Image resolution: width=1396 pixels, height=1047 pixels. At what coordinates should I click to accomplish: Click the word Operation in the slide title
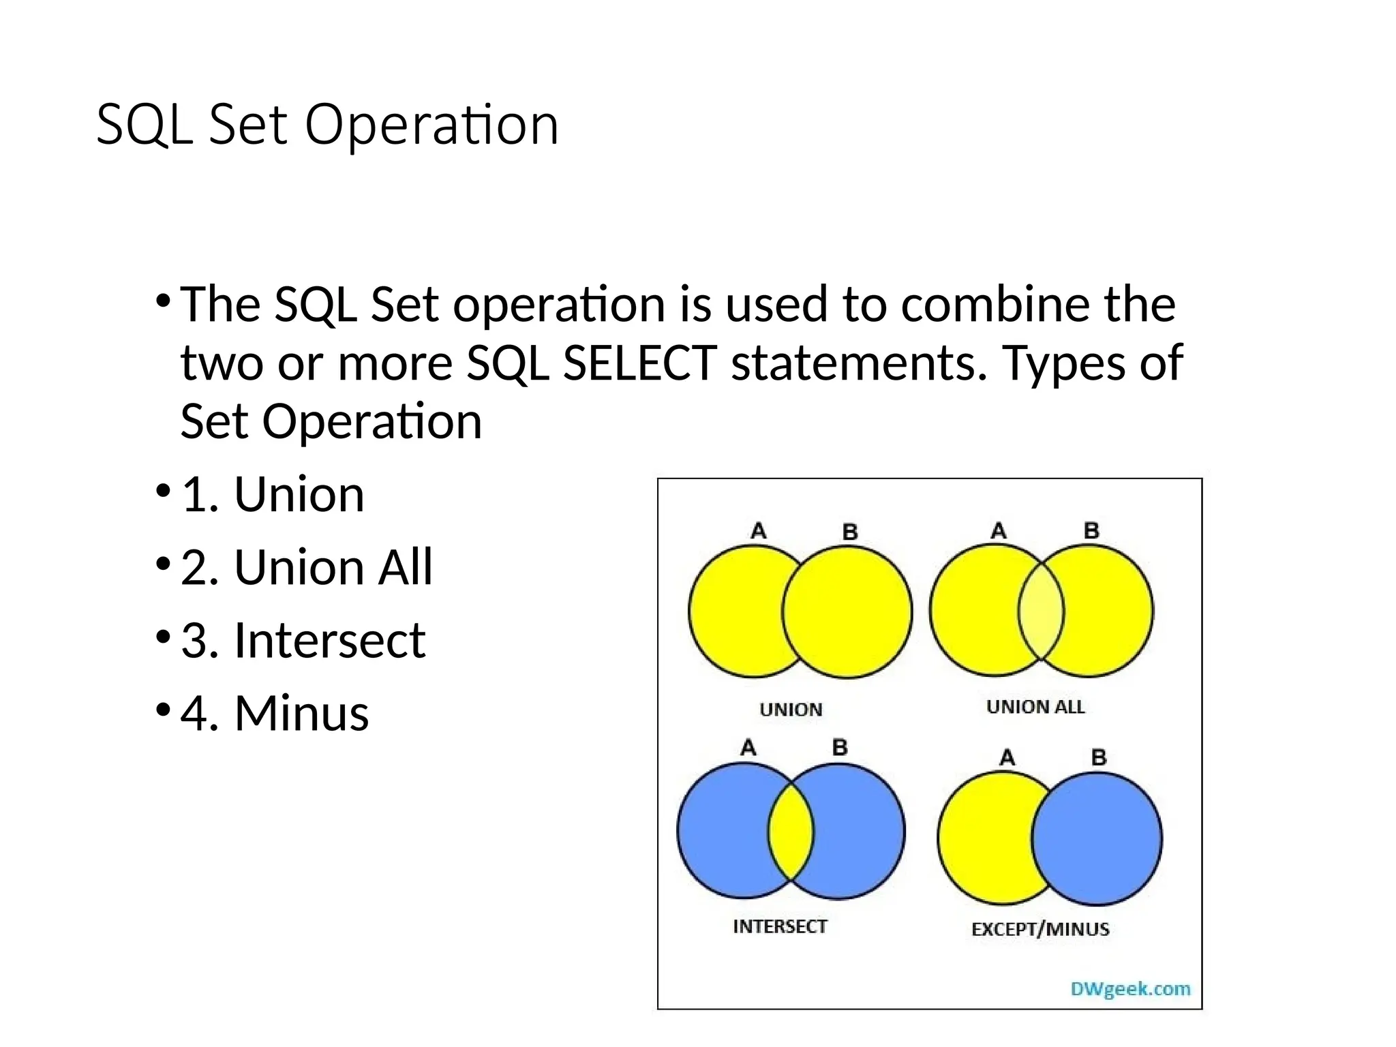pos(431,125)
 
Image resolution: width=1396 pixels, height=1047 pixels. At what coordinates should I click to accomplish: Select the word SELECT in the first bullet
pos(639,363)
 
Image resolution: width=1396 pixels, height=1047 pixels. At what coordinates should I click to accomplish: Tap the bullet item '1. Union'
pos(273,494)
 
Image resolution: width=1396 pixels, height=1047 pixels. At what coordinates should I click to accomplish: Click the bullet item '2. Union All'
pos(307,567)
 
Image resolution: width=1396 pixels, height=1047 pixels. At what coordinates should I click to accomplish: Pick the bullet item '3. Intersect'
pos(303,641)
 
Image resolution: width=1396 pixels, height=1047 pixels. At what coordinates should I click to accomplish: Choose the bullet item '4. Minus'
pos(274,714)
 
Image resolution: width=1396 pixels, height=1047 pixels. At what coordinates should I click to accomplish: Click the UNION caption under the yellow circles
pos(791,710)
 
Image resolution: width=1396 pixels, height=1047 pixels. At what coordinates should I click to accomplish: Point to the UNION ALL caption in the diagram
pos(1035,707)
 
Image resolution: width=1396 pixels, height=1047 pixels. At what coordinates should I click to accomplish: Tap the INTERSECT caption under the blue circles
pos(780,926)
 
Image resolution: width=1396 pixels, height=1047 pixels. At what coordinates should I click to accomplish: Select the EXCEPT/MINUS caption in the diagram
pos(1040,929)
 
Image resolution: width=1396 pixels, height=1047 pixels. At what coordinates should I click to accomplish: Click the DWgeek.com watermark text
pos(1130,988)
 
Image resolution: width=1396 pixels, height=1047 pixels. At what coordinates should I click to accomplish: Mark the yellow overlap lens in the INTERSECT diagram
pos(791,832)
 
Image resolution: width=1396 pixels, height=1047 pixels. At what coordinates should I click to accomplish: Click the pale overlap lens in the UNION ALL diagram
pos(1041,611)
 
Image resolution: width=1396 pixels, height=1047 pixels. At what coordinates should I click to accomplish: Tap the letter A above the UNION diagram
pos(758,530)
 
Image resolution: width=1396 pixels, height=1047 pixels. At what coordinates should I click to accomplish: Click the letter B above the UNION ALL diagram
pos(1091,530)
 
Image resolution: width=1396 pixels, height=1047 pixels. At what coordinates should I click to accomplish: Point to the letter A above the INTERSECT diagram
pos(748,748)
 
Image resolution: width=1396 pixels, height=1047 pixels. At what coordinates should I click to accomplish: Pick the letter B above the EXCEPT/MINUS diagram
pos(1098,757)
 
